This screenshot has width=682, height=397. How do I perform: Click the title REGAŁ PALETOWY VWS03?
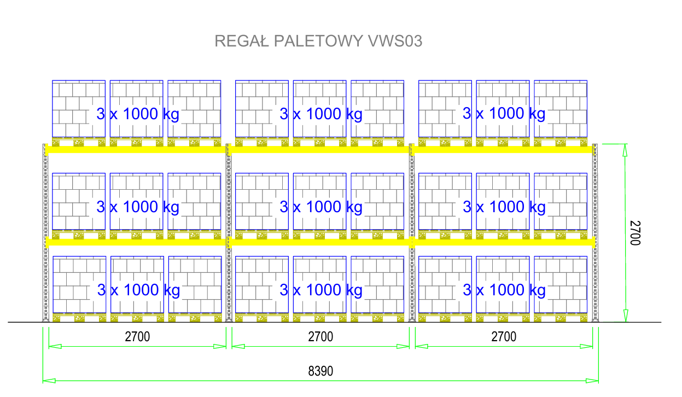coord(318,41)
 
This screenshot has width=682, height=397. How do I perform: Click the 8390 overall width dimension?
coord(320,371)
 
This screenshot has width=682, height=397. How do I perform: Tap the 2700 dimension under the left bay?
coord(137,337)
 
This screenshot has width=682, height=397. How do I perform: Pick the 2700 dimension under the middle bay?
coord(320,337)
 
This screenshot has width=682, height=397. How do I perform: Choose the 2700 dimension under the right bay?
coord(504,337)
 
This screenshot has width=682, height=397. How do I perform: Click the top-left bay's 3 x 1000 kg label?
coord(138,114)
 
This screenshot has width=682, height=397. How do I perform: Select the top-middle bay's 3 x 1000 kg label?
coord(321,114)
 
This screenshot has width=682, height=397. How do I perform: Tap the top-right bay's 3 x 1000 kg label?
coord(504,114)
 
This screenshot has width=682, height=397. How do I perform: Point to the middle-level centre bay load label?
coord(321,207)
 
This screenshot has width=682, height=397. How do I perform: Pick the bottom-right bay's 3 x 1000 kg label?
coord(504,290)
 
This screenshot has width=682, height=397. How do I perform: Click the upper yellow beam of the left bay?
coord(137,149)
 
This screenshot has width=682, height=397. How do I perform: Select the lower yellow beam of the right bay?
coord(504,242)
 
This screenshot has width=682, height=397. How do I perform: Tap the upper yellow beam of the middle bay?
coord(320,149)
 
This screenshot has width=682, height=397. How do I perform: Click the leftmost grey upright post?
coord(45,232)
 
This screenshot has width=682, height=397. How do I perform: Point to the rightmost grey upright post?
coord(596,232)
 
